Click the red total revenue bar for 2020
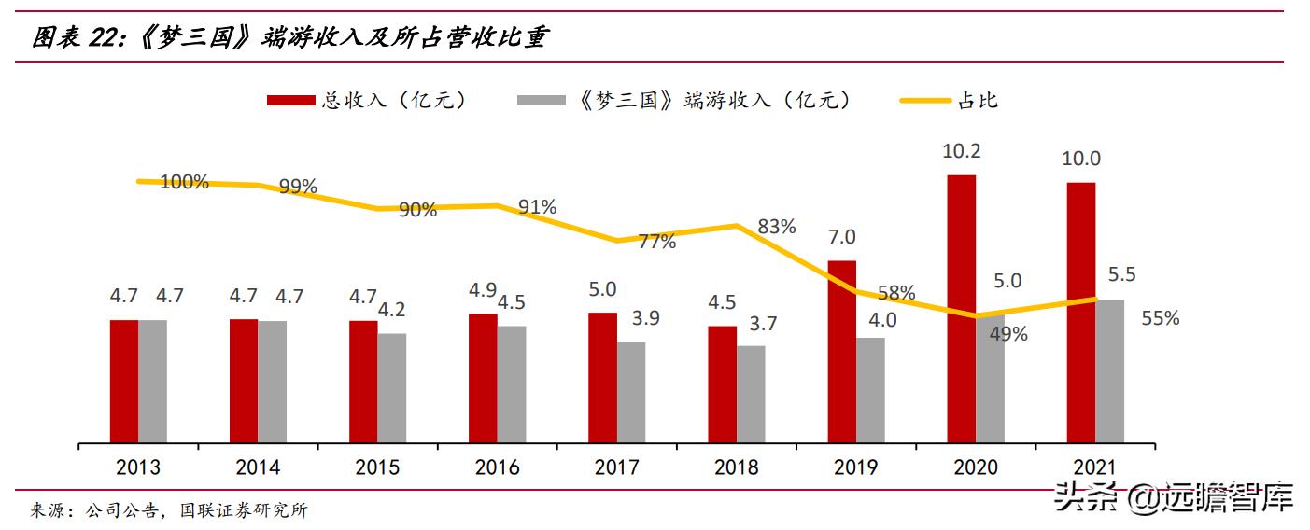point(962,308)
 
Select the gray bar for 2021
point(1109,370)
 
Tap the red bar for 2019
point(842,351)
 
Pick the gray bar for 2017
point(631,392)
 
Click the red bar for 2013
point(124,381)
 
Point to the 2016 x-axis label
point(498,467)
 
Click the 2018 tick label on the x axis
point(737,467)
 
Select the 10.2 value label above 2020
point(962,151)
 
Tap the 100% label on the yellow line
point(183,182)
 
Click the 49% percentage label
point(1008,333)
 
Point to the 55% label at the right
point(1160,318)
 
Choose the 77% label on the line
point(657,242)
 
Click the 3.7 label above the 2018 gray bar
point(762,324)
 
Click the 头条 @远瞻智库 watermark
point(1174,499)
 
